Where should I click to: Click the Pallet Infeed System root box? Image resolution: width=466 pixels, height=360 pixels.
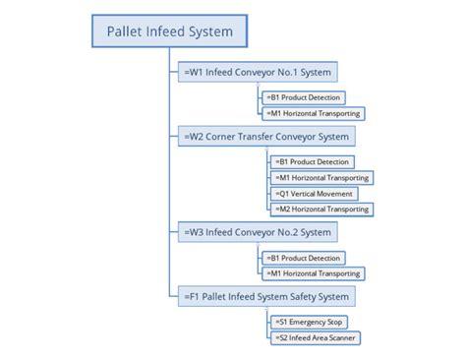point(169,32)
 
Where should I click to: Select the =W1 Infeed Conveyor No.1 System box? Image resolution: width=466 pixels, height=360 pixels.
point(258,72)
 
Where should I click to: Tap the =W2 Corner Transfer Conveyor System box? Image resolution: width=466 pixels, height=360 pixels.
point(265,136)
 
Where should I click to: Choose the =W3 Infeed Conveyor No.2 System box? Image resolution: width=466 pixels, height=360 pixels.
point(258,233)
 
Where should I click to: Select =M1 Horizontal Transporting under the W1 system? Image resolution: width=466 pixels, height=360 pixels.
point(313,113)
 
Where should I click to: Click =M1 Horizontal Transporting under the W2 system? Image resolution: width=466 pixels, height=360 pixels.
point(321,177)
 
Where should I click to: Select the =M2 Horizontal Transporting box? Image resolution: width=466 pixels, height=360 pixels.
point(321,210)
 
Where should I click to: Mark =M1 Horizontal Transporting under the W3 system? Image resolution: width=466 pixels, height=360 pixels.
point(313,273)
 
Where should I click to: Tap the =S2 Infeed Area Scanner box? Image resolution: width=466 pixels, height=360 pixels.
point(315,337)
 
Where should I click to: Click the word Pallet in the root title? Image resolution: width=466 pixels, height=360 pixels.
point(126,32)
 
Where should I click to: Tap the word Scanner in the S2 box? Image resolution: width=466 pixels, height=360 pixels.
point(339,337)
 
